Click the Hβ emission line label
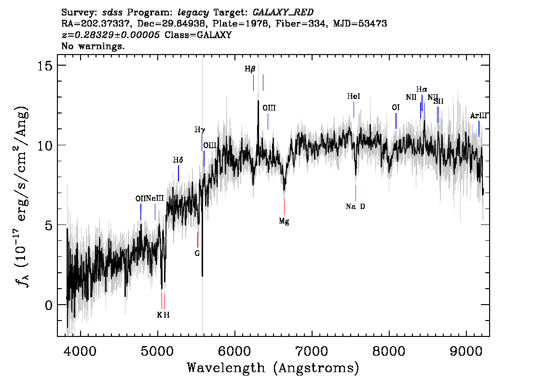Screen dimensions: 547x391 pyautogui.click(x=250, y=69)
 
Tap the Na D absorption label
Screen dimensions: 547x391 pyautogui.click(x=355, y=206)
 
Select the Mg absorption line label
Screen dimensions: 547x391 pyautogui.click(x=284, y=221)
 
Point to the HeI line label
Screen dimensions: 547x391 pyautogui.click(x=354, y=97)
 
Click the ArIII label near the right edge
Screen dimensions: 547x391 pyautogui.click(x=479, y=115)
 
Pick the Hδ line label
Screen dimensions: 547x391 pyautogui.click(x=178, y=160)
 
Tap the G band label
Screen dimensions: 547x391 pyautogui.click(x=197, y=253)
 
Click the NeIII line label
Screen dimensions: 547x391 pyautogui.click(x=155, y=198)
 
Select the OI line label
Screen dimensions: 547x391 pyautogui.click(x=396, y=108)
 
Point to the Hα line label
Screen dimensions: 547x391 pyautogui.click(x=422, y=89)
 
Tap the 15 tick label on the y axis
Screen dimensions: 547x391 pyautogui.click(x=45, y=65)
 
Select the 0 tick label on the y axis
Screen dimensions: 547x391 pyautogui.click(x=49, y=305)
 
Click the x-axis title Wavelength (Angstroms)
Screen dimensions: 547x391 pyautogui.click(x=273, y=368)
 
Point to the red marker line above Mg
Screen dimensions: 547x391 pyautogui.click(x=284, y=207)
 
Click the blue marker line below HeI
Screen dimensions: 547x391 pyautogui.click(x=354, y=110)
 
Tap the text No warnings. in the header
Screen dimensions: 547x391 pyautogui.click(x=93, y=46)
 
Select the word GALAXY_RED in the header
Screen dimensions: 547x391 pyautogui.click(x=283, y=13)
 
